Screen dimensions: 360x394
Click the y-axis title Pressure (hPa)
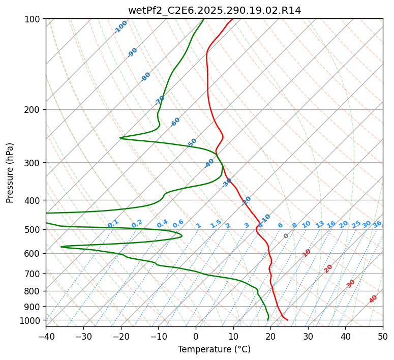click(x=10, y=173)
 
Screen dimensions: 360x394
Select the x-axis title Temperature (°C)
click(x=214, y=349)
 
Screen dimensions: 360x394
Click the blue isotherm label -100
click(x=120, y=27)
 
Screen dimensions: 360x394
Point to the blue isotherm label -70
click(x=160, y=100)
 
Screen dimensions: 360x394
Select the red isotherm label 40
click(x=373, y=299)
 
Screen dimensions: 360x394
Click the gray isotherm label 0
click(x=286, y=236)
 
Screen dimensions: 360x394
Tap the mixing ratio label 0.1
click(x=113, y=224)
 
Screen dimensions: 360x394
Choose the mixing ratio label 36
click(x=377, y=224)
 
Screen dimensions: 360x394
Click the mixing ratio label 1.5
click(x=216, y=224)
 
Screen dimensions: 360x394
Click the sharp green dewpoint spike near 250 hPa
click(x=120, y=137)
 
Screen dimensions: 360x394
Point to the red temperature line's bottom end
click(x=287, y=320)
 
